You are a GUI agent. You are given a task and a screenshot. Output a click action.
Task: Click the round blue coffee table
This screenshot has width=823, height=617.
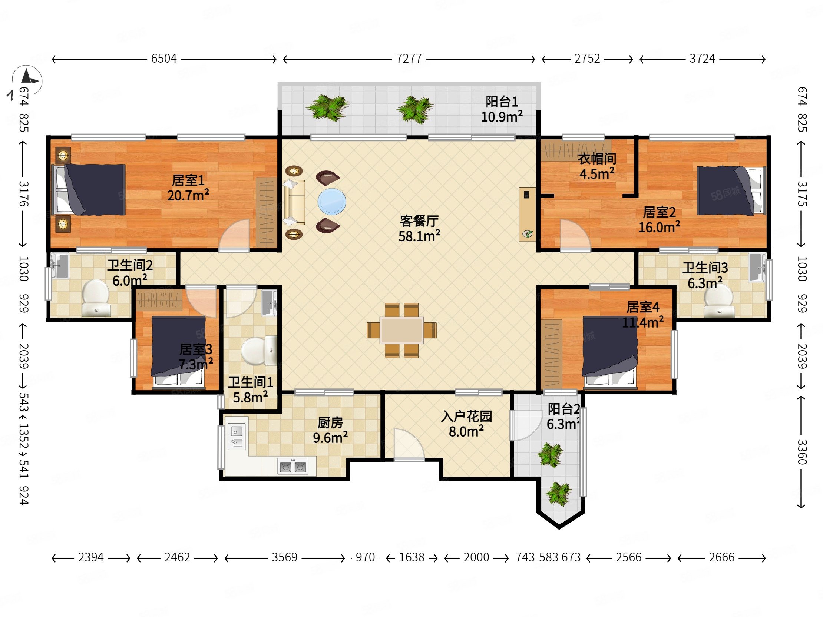point(331,202)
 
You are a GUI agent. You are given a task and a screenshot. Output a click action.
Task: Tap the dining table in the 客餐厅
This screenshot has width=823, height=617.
point(401,330)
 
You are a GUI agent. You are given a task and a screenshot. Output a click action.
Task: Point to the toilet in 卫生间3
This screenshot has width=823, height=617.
point(718,301)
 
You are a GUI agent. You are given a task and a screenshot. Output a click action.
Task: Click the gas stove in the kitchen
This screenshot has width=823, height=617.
point(293,466)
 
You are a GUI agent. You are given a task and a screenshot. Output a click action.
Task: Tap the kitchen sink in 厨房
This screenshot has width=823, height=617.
point(237,437)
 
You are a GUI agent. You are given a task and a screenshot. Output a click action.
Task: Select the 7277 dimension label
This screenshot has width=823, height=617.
point(409,59)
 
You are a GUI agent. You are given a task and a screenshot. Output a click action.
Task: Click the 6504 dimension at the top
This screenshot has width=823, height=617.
point(164,59)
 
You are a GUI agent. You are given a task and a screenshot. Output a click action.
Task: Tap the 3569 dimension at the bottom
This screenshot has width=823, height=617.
point(284,557)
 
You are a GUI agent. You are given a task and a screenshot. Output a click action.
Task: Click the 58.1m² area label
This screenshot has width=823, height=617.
point(419,236)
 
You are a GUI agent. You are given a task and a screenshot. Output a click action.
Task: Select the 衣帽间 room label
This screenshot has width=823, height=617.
point(597,159)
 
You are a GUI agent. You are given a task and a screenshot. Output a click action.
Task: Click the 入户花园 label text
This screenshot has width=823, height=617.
point(466,416)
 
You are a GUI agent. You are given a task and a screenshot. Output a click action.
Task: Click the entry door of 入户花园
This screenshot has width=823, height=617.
point(409,445)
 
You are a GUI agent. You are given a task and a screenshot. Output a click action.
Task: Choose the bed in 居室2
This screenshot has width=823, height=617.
point(731,191)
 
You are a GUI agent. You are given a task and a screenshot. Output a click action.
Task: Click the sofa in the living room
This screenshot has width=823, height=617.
point(295,202)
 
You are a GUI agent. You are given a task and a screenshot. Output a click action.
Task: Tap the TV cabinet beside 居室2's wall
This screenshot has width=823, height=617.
point(528,214)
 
